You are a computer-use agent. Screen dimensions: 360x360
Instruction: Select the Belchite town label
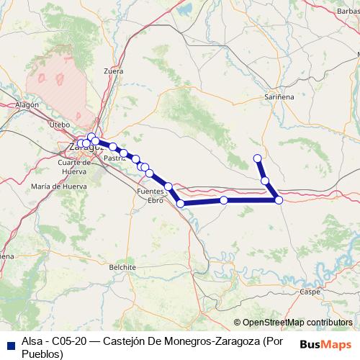pos(122,266)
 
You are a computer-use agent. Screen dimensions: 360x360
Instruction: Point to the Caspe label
pos(310,292)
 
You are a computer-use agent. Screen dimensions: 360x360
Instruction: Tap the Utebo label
pos(58,125)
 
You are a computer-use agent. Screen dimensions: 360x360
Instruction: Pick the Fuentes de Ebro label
pos(150,196)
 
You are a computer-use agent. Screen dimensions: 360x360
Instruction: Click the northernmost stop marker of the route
pos(258,158)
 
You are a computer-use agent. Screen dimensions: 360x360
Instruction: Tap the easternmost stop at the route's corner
pos(279,199)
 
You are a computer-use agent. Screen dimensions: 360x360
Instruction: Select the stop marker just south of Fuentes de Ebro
pos(180,204)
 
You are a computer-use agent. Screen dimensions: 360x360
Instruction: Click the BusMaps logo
pos(326,344)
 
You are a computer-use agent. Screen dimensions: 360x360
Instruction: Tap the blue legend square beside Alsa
pos(10,344)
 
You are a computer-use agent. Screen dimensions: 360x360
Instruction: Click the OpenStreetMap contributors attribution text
pos(297,323)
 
